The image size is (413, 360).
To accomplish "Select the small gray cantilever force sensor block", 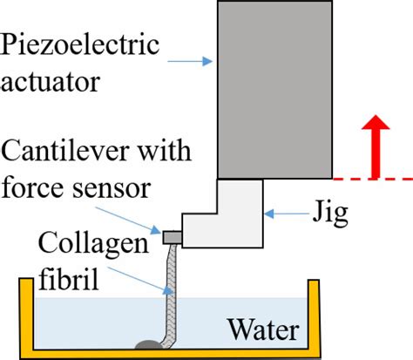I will pos(171,234).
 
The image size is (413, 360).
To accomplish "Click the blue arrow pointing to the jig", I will pos(281,211).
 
